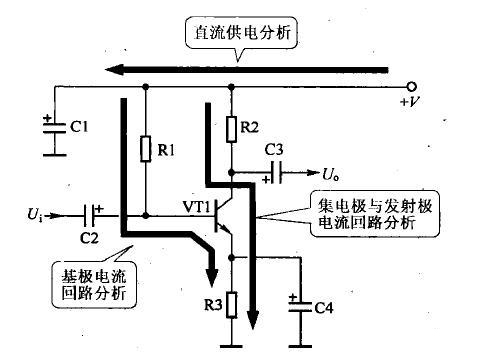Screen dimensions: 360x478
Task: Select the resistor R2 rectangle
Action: (231, 127)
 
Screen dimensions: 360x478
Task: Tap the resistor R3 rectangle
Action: (231, 301)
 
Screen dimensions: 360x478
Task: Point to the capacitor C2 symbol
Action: (93, 214)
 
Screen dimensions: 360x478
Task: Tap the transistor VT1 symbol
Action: (224, 215)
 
